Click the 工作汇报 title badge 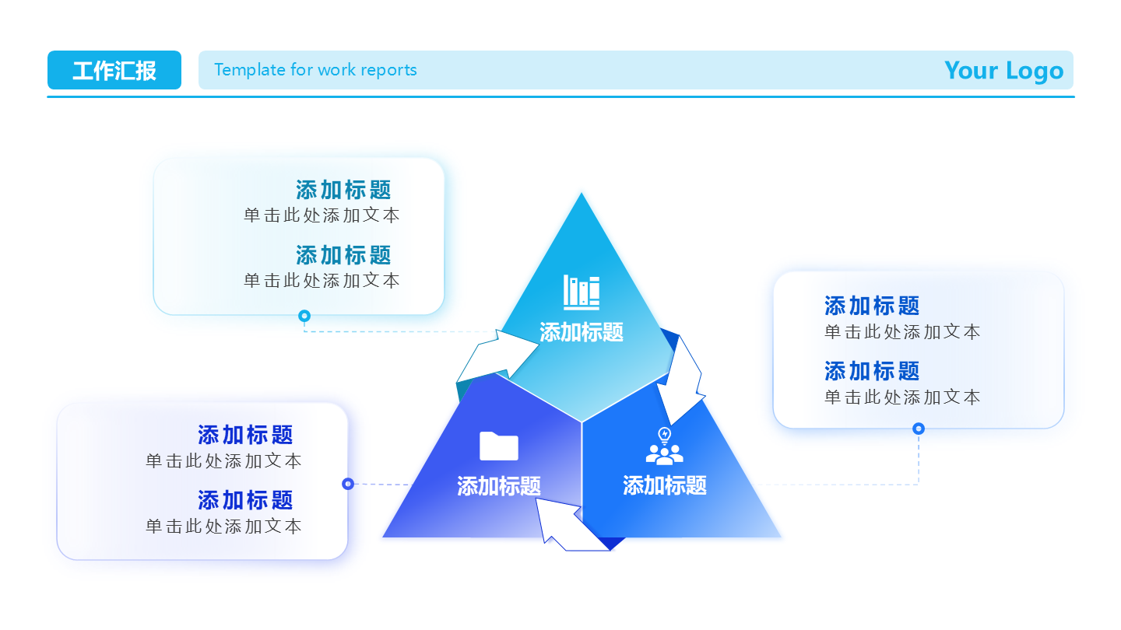(114, 70)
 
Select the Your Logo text (1003, 70)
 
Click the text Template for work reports (315, 70)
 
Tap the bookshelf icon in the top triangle (582, 292)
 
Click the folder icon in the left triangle (499, 446)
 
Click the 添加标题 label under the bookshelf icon (582, 332)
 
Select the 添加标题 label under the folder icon (499, 486)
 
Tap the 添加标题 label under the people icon (665, 485)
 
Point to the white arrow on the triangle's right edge (680, 381)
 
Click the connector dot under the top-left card (304, 316)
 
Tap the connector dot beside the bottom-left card (348, 484)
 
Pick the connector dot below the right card (919, 429)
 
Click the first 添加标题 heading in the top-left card (343, 190)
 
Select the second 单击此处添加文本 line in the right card (902, 397)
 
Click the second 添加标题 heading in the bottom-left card (245, 499)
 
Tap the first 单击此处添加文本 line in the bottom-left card (223, 460)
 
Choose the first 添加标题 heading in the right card (872, 306)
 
